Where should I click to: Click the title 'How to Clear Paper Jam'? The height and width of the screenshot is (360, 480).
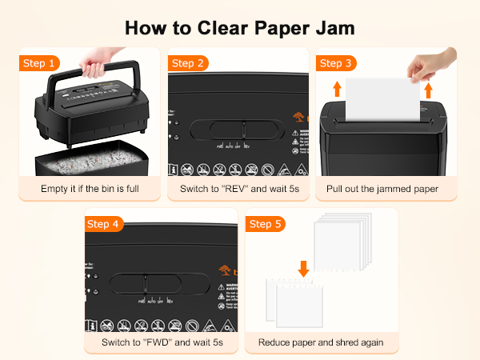coord(240,27)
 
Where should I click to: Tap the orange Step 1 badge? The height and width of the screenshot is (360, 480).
coord(39,63)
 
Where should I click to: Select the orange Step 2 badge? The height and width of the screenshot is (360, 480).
coord(188,63)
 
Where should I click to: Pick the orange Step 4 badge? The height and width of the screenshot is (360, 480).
coord(105,224)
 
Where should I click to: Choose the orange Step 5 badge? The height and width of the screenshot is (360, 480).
coord(265,224)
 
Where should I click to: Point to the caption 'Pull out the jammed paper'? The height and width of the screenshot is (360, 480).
coord(382,189)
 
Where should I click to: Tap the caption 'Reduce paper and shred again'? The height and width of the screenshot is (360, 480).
coord(321,342)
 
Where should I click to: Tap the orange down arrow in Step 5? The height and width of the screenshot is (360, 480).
coord(302,269)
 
